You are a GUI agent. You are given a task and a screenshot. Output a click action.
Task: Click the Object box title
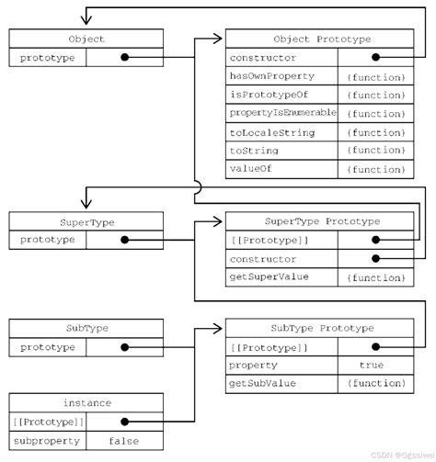click(x=86, y=39)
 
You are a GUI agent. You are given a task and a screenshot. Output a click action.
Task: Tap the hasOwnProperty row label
click(x=272, y=76)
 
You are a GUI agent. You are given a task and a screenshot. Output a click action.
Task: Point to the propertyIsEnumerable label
click(x=282, y=113)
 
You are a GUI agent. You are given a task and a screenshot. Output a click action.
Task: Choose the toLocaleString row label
click(x=272, y=132)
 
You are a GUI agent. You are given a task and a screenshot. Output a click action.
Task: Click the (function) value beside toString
click(x=374, y=151)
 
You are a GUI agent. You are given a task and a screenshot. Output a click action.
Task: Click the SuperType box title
click(x=86, y=221)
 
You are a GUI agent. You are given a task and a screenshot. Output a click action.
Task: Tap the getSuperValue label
click(x=269, y=276)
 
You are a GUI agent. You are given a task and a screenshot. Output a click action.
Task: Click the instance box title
click(x=86, y=402)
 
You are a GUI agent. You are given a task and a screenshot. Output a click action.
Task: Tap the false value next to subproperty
click(x=123, y=440)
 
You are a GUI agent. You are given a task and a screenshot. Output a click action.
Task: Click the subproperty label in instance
click(x=47, y=440)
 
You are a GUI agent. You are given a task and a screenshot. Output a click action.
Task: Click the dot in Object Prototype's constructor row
click(x=374, y=58)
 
